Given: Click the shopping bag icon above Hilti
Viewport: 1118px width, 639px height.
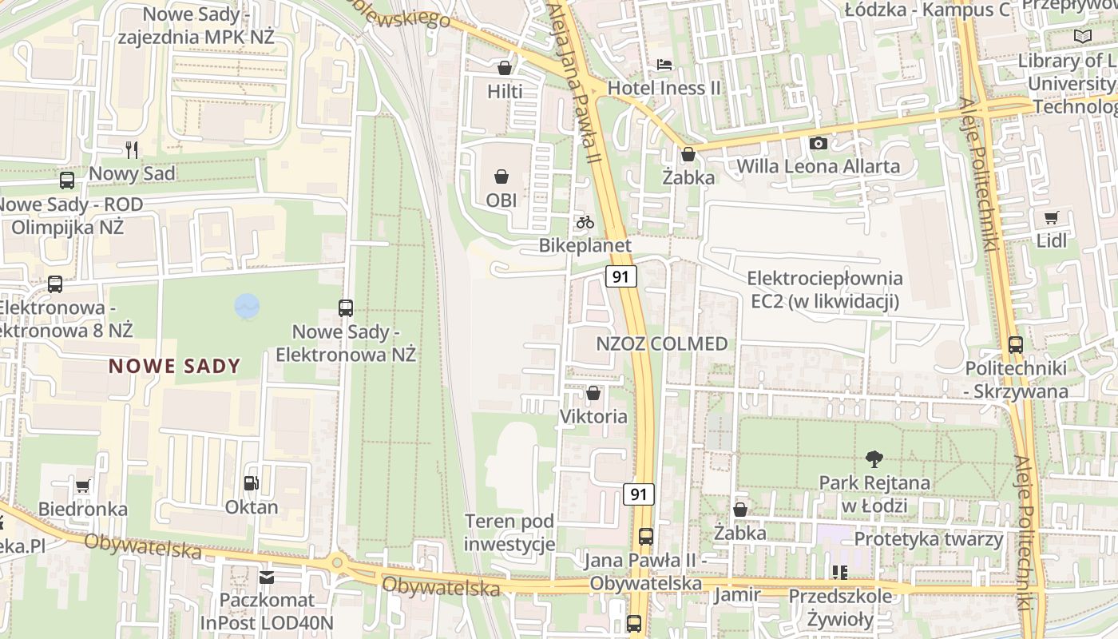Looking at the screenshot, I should [504, 68].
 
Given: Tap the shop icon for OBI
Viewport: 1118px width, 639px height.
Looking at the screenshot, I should [502, 176].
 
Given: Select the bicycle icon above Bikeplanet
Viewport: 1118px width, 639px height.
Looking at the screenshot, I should [585, 221].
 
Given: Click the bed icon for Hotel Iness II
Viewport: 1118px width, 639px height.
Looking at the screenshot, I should [664, 64].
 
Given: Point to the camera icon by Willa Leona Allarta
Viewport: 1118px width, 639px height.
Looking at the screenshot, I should [819, 143].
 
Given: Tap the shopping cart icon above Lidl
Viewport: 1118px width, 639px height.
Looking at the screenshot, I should [1052, 217].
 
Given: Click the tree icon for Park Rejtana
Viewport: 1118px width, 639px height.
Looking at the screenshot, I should [874, 458].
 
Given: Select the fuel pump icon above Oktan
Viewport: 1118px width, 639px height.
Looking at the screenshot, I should [251, 482].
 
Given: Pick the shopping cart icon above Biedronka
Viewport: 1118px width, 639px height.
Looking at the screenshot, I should [82, 485].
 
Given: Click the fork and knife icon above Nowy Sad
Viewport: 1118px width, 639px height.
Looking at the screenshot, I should [132, 149].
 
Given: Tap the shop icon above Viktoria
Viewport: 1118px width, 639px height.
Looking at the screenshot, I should [593, 393].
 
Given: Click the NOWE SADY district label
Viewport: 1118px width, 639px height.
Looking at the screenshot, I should [174, 367].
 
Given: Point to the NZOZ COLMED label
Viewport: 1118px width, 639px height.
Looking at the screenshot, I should [662, 344].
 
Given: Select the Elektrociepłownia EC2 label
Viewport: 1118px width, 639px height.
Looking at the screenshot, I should [824, 290].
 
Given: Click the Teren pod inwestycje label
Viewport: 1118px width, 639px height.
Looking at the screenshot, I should [509, 534].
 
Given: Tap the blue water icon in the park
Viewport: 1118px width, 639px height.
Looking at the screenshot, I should [248, 306].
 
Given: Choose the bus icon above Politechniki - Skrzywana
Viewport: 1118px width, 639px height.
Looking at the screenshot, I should [1015, 345].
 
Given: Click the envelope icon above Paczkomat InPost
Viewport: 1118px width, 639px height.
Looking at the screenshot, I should [267, 577].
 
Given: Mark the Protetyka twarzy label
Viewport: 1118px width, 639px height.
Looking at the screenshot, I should [928, 539].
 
